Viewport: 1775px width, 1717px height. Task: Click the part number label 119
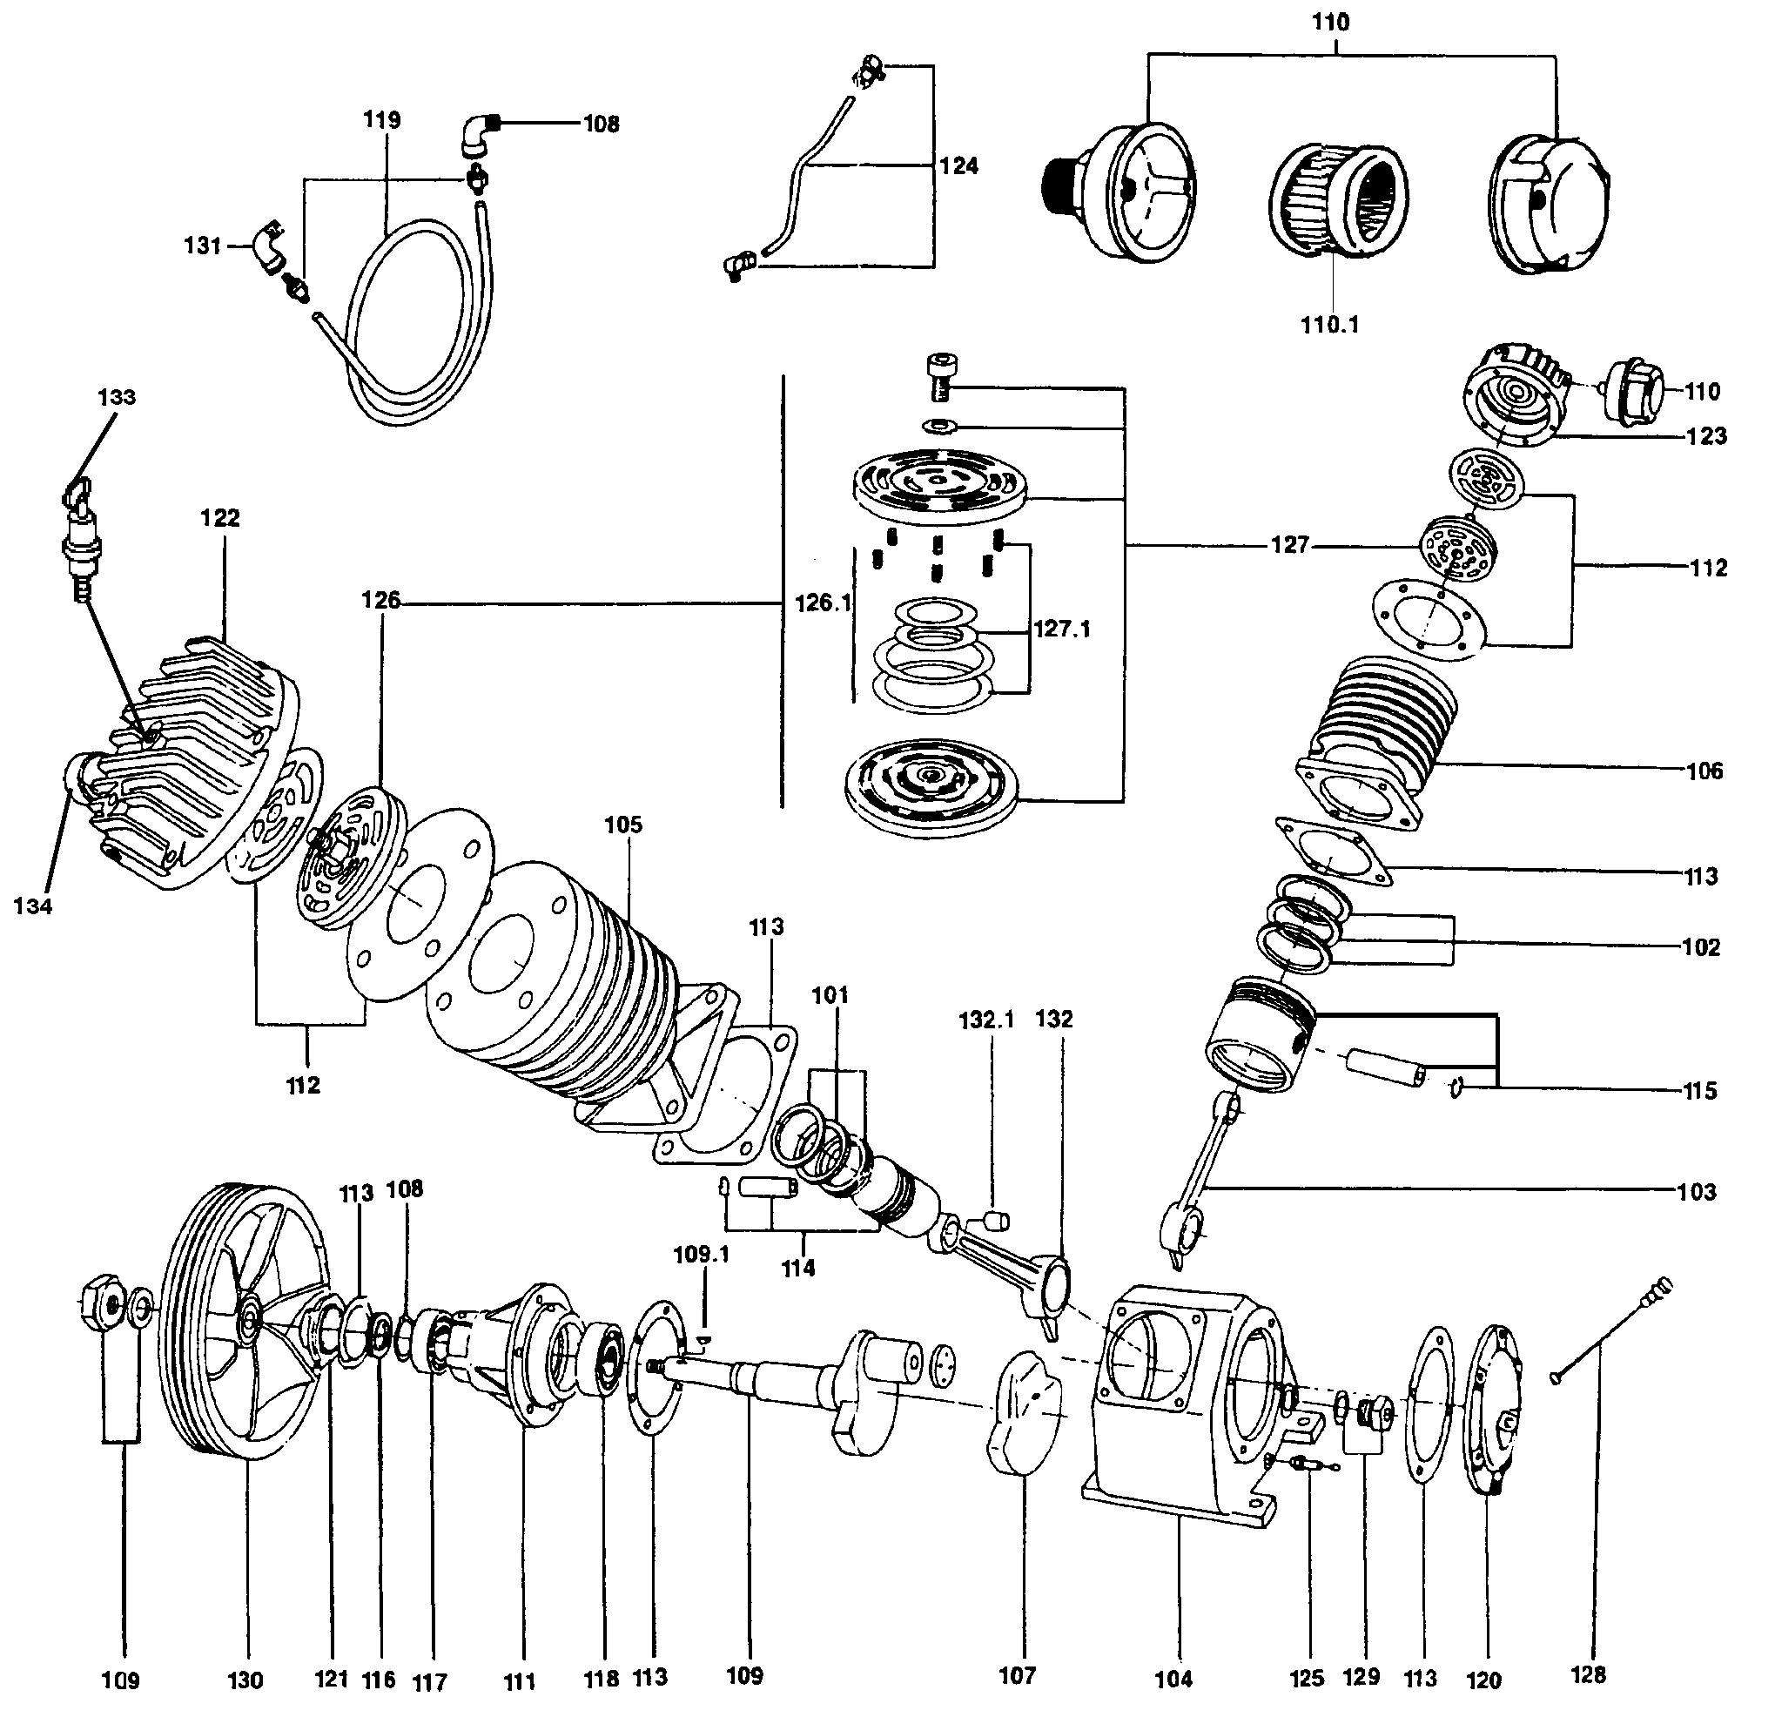pos(382,119)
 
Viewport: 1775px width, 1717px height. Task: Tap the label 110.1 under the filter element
pos(1330,324)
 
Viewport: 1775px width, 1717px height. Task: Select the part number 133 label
pos(117,397)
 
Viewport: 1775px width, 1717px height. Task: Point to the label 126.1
pos(824,603)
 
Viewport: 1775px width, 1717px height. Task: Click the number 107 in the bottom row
pos(1017,1675)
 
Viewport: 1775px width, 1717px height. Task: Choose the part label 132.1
pos(986,1020)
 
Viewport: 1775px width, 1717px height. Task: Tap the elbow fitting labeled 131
pos(269,246)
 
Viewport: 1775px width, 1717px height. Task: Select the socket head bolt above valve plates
pos(938,377)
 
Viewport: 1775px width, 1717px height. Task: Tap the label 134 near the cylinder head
pos(32,906)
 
